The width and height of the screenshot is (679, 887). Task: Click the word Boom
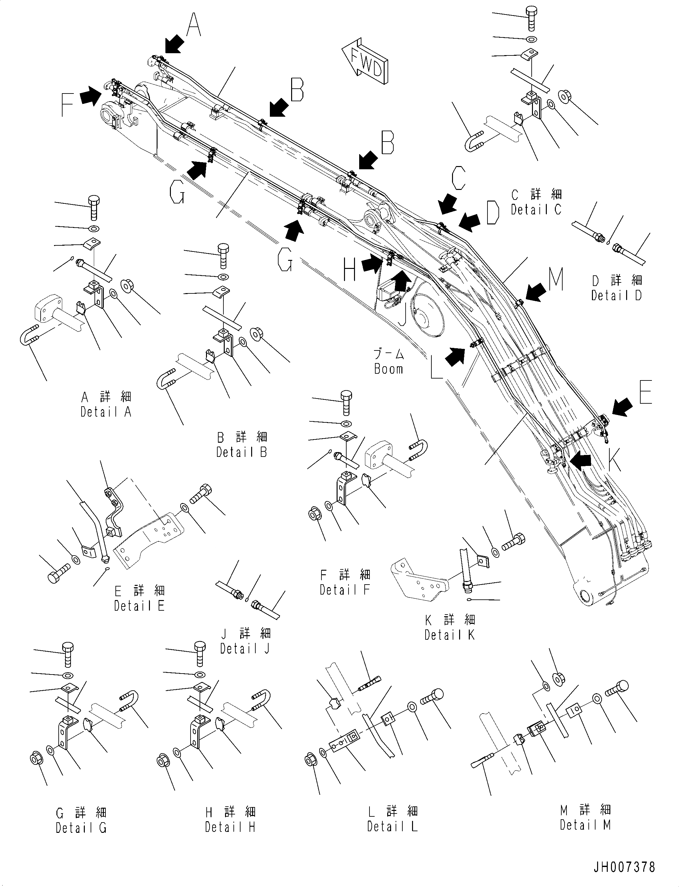[x=389, y=369]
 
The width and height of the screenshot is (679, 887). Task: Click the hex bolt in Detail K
[x=514, y=543]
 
